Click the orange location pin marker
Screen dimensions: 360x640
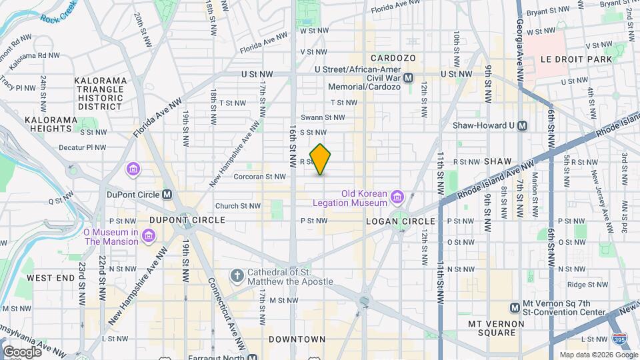tap(321, 159)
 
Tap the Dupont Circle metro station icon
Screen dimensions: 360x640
tap(167, 195)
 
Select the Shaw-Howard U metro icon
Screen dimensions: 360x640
tap(523, 125)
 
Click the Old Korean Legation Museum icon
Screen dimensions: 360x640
tap(398, 196)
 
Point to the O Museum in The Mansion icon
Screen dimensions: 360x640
tap(148, 235)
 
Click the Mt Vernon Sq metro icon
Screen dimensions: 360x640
tap(515, 307)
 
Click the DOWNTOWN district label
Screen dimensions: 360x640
tap(297, 339)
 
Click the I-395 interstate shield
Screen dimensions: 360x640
tap(619, 339)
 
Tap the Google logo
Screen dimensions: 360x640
tap(21, 351)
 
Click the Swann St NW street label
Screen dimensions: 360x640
tap(323, 117)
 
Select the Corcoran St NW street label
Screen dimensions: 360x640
tap(260, 177)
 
